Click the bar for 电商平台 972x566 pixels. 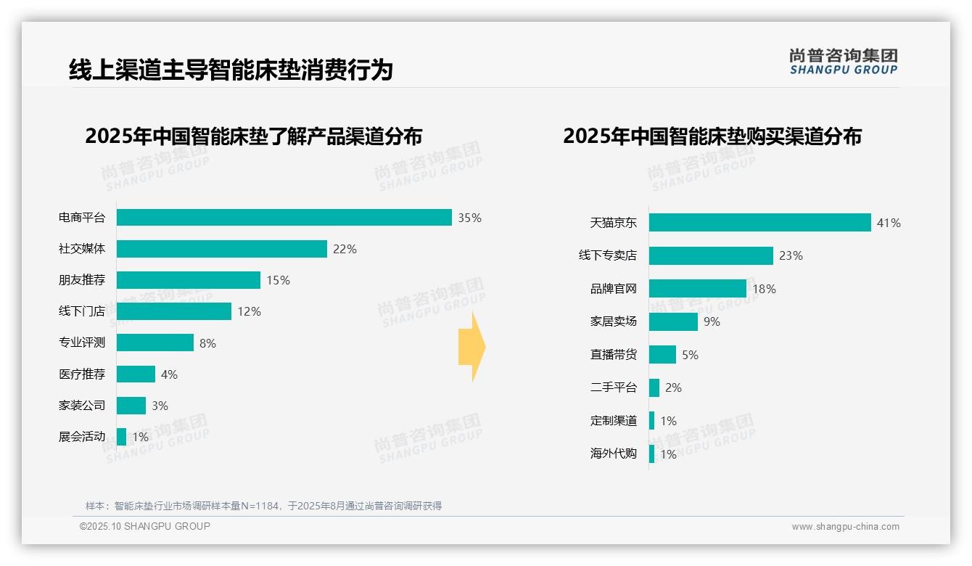[x=284, y=218]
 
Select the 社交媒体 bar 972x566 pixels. [x=222, y=249]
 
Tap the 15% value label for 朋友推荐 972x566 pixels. [x=278, y=280]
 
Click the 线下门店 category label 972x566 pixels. [x=82, y=311]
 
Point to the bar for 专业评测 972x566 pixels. [x=155, y=343]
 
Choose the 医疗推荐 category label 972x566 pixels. [x=82, y=374]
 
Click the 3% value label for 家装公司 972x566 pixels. [x=160, y=406]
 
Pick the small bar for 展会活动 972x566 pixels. [x=121, y=437]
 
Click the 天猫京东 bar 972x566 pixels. [x=759, y=223]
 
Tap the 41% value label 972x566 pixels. [x=889, y=223]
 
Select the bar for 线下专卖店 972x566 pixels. [x=711, y=255]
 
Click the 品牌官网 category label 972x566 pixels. [x=613, y=289]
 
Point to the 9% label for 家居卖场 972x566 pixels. [x=712, y=321]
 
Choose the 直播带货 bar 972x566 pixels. [x=662, y=355]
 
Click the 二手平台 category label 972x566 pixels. [x=613, y=387]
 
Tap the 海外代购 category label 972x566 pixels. [x=613, y=454]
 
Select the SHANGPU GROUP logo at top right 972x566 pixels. [x=844, y=62]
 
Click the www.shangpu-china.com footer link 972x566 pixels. [x=845, y=527]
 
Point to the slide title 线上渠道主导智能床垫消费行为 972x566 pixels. [x=231, y=70]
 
